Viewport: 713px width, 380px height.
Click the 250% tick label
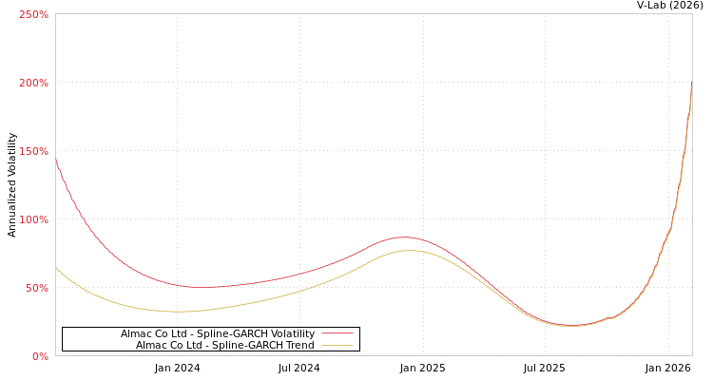click(33, 14)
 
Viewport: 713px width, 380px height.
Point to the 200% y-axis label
click(33, 83)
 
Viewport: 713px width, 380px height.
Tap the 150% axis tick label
click(33, 151)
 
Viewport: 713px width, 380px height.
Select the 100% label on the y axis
click(33, 219)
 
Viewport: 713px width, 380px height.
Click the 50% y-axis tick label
click(36, 288)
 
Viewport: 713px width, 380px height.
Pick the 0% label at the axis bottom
click(40, 356)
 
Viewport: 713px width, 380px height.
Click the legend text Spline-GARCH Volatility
click(217, 333)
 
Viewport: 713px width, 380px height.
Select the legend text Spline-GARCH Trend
click(224, 345)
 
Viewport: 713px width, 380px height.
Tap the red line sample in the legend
click(337, 333)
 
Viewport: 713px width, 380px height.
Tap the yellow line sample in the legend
click(337, 345)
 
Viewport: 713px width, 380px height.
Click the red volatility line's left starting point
click(56, 160)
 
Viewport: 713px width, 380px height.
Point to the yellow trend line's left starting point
click(56, 268)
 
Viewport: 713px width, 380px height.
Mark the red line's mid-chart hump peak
click(404, 237)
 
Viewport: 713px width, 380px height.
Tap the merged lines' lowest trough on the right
click(570, 326)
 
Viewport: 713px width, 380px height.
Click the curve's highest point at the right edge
click(691, 84)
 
